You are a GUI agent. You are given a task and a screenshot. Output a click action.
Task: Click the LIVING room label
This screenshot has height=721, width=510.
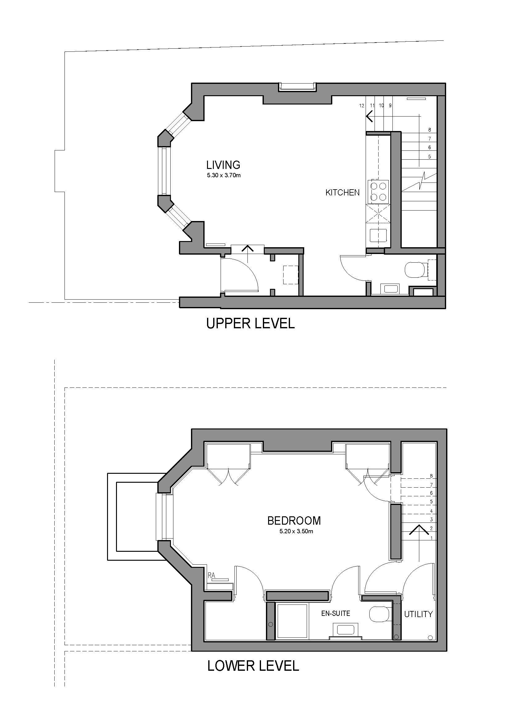[x=223, y=165]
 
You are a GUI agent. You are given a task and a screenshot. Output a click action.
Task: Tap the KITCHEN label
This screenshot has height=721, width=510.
[x=342, y=192]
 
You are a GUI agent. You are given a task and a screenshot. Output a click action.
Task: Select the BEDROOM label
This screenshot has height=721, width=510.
[x=294, y=521]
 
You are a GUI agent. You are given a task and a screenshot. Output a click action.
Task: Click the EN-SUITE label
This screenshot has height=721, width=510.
[x=335, y=613]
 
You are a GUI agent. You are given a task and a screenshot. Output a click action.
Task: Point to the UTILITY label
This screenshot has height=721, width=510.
[x=418, y=614]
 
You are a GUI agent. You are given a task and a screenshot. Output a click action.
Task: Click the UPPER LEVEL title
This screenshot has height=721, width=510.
[x=250, y=323]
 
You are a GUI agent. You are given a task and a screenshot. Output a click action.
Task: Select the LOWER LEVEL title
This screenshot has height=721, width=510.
[x=253, y=666]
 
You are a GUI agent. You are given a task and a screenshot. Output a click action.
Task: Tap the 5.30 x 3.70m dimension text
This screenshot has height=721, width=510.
[x=223, y=175]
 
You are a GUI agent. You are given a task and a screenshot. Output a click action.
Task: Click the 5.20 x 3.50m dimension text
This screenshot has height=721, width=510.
[x=296, y=531]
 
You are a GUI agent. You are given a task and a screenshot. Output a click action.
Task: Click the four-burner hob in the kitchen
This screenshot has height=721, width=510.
[x=378, y=191]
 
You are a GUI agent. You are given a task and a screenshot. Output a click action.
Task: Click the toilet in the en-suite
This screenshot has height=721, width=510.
[x=379, y=614]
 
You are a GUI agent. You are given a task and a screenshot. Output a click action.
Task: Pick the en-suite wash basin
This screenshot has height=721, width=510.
[x=345, y=629]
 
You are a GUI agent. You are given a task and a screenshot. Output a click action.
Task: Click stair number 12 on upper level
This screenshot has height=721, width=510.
[x=362, y=105]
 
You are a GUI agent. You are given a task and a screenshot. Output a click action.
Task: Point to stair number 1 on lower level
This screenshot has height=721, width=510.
[x=431, y=538]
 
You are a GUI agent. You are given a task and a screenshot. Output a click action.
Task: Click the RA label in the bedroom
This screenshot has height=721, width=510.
[x=211, y=575]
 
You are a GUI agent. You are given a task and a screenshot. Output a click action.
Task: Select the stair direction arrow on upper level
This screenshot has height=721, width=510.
[x=370, y=117]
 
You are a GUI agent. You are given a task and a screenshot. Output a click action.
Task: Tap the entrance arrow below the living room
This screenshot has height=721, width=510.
[x=248, y=250]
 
